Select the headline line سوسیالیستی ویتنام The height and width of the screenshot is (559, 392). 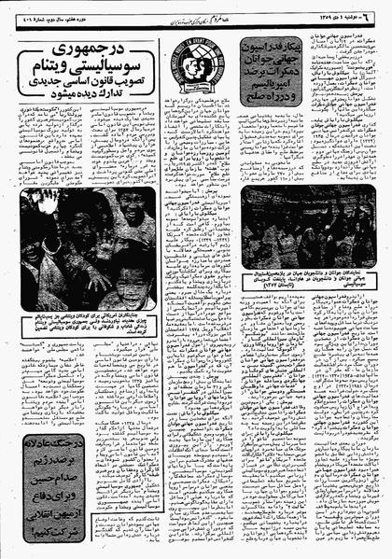pyautogui.click(x=90, y=68)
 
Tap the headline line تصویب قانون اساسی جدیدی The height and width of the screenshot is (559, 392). pyautogui.click(x=90, y=85)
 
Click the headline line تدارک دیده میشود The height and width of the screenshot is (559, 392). pyautogui.click(x=90, y=99)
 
